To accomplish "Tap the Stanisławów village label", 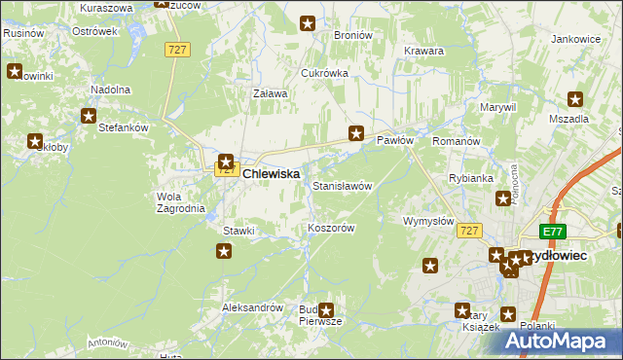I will tap(342, 185).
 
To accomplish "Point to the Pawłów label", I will tap(395, 140).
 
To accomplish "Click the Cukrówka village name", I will tap(324, 73).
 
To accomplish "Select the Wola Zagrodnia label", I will tap(180, 201).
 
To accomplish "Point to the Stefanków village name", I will tap(123, 126).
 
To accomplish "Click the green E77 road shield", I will tap(553, 231).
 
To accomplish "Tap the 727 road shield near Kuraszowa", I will tap(176, 51).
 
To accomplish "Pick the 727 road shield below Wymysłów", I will tap(469, 230).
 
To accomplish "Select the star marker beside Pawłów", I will tap(356, 133).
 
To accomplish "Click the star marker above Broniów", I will tap(308, 22).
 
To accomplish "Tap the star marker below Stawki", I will tap(224, 251).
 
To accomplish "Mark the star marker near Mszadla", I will tap(575, 98).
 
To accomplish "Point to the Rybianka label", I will tap(470, 179).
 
